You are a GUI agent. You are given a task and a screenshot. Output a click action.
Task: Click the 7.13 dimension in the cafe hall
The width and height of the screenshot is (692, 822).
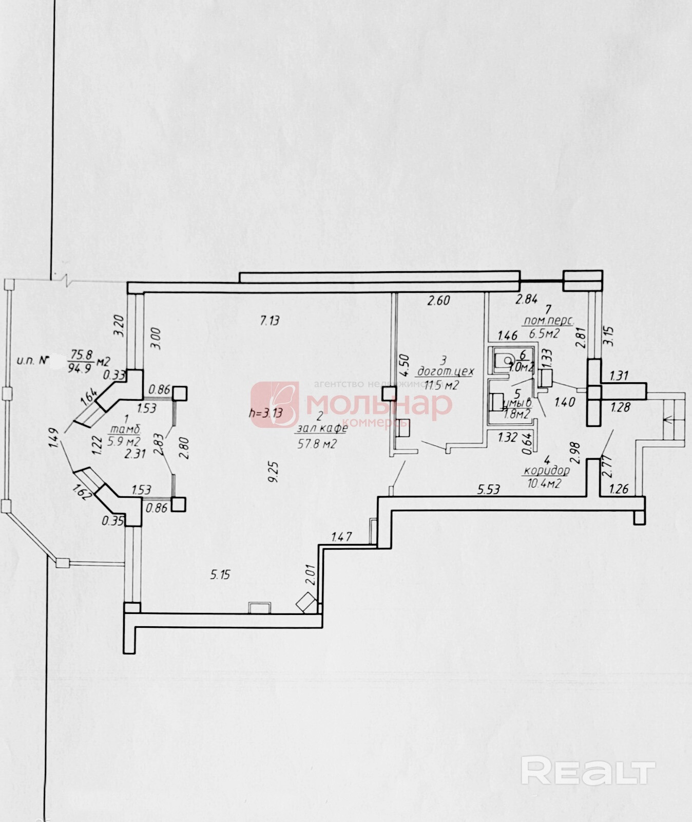[270, 321]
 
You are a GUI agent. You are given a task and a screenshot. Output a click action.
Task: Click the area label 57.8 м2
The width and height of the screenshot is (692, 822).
[316, 444]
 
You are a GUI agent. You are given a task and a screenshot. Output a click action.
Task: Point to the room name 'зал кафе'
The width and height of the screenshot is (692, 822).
[323, 428]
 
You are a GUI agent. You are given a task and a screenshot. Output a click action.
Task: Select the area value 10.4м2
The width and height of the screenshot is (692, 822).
[544, 483]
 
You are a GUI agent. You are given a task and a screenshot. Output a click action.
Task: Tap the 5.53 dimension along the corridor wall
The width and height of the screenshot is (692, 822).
[488, 490]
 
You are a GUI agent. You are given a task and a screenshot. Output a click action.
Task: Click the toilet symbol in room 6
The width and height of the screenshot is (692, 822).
[505, 359]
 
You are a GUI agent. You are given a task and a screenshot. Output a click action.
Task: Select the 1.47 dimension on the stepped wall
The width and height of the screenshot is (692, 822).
[341, 538]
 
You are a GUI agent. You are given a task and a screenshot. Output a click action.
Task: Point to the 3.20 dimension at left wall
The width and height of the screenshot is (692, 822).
[118, 325]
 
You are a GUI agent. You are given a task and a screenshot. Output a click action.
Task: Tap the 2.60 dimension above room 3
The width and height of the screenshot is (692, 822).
[439, 301]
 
